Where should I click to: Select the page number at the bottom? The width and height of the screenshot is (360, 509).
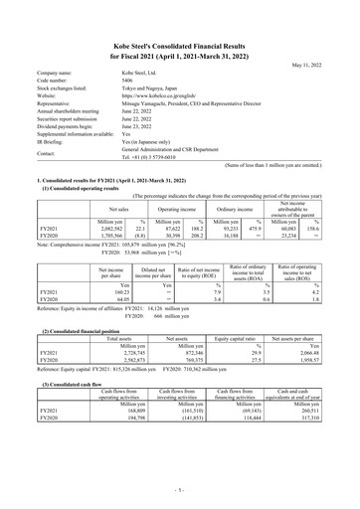[x=180, y=490]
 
